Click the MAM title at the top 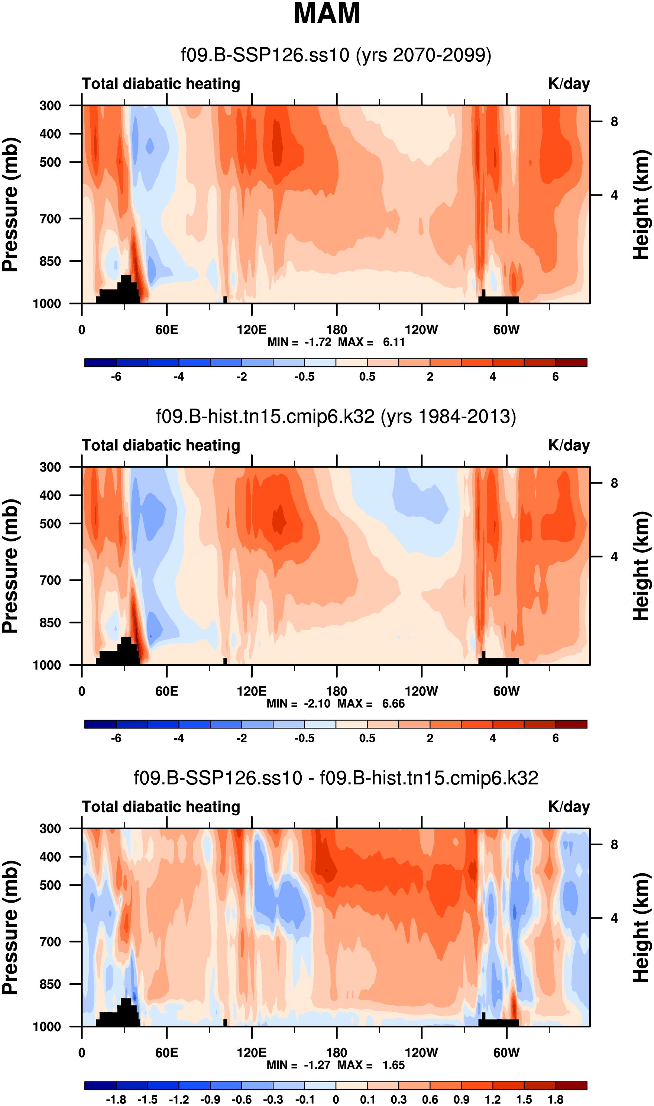[x=327, y=13]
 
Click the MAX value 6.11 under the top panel [x=394, y=342]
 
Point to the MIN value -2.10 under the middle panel [x=317, y=703]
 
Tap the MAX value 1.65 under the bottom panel [x=393, y=1065]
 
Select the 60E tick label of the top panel [x=166, y=330]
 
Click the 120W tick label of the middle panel [x=421, y=691]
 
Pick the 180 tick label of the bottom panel [x=336, y=1053]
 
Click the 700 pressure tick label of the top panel [x=50, y=219]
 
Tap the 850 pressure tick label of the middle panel [x=50, y=623]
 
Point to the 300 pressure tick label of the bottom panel [x=50, y=829]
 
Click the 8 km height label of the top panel [x=614, y=122]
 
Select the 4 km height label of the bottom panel [x=614, y=918]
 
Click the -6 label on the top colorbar [x=116, y=377]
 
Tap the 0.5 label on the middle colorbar [x=367, y=738]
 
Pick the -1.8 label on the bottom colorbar [x=116, y=1100]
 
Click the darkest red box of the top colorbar [x=571, y=363]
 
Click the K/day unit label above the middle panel [x=569, y=446]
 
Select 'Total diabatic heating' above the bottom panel [x=161, y=807]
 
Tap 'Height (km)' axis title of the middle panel [x=641, y=566]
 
